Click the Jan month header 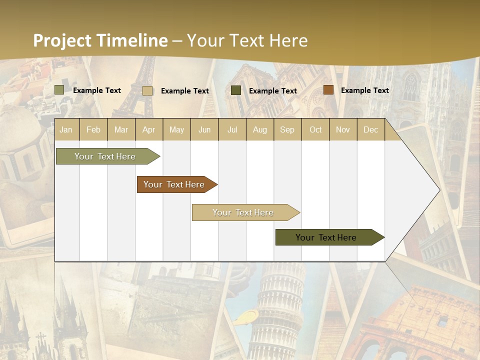(66, 130)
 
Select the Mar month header (121, 130)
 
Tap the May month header (176, 130)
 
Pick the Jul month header (232, 130)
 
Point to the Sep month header (287, 130)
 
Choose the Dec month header (370, 130)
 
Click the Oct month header (315, 130)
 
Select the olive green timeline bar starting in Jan (105, 156)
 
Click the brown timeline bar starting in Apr (174, 184)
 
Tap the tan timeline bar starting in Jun (243, 212)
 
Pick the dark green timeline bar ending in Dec (326, 237)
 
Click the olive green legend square (59, 90)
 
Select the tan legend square (147, 90)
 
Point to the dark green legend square (236, 90)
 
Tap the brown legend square (328, 90)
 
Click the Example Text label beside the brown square (364, 90)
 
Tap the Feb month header (93, 130)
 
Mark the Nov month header (343, 130)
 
